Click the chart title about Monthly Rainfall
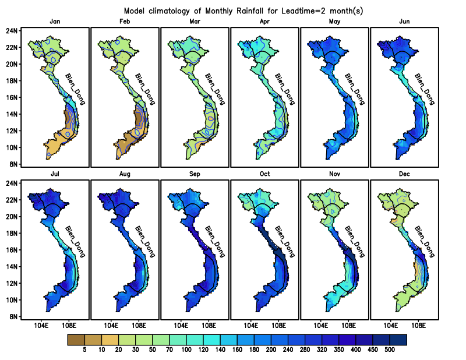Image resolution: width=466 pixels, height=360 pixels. pos(243,11)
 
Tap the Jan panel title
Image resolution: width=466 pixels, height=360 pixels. pos(55,22)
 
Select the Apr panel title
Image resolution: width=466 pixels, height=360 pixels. pos(265,22)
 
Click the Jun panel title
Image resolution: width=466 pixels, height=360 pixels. pos(404,22)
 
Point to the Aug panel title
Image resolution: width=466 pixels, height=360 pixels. pos(125,174)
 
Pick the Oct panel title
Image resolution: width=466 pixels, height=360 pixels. pos(265,174)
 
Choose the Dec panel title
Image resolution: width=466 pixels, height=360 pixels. pos(404,174)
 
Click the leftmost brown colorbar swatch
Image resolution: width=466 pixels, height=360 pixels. pos(76,340)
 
